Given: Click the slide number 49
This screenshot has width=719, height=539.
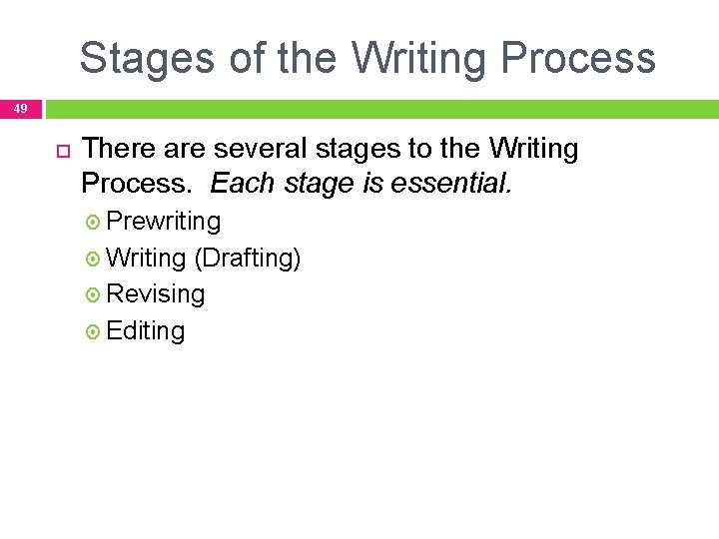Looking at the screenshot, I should pos(21,108).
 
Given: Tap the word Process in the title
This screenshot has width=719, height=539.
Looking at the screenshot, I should pos(578,58).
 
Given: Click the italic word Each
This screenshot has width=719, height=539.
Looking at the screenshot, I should pos(241,184).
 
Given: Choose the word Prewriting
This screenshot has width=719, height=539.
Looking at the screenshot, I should pos(163,221).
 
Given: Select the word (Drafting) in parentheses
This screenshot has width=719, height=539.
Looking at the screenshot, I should pos(248,258).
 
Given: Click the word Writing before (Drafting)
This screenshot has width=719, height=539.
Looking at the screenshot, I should pos(146,258).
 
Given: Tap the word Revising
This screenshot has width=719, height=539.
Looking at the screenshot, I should pos(155,294).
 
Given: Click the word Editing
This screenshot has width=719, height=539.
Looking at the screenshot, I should pos(145,330).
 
